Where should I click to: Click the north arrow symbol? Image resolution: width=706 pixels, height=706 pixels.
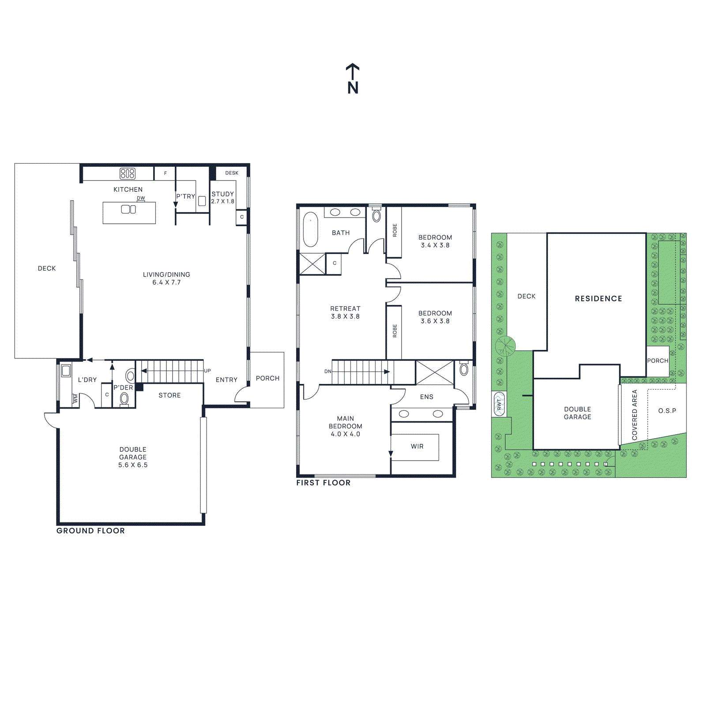(x=353, y=79)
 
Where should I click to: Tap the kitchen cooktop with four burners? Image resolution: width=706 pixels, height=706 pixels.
(x=128, y=173)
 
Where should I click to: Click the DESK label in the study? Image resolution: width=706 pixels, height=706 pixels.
(x=232, y=173)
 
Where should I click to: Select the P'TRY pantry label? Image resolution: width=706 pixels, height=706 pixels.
(x=185, y=196)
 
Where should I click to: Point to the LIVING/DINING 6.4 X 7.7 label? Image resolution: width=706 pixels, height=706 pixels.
(x=166, y=278)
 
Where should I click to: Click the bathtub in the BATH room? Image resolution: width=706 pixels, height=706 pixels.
(x=310, y=229)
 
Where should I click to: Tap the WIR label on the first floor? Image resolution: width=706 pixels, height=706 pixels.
(x=417, y=447)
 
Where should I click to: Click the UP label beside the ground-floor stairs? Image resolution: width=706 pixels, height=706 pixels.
(x=207, y=371)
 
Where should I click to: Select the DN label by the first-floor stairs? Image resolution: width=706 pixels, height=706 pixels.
(x=327, y=372)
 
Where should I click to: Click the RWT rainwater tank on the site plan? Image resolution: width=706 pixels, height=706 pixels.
(x=499, y=404)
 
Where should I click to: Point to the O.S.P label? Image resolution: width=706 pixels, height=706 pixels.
(x=667, y=411)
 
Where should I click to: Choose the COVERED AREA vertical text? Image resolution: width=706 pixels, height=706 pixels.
(x=635, y=415)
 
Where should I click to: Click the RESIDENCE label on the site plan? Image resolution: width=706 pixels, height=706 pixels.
(x=598, y=299)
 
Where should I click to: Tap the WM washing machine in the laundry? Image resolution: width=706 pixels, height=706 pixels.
(x=75, y=399)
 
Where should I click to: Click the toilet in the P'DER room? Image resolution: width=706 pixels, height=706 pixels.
(x=124, y=399)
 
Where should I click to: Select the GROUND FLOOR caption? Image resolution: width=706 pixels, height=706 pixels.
(x=90, y=531)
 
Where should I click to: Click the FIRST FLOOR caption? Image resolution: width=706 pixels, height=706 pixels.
(x=323, y=483)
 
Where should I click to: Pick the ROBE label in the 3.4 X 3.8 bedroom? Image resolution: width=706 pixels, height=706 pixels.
(x=394, y=230)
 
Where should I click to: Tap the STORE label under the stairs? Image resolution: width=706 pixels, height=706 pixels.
(x=169, y=395)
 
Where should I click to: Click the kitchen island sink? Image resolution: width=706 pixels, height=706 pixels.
(x=128, y=209)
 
